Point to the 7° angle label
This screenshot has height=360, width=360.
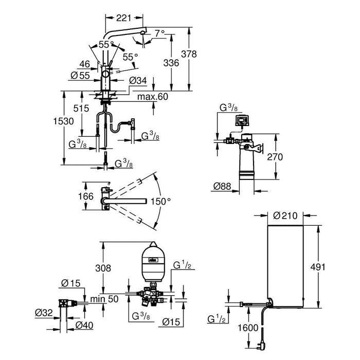click(159, 33)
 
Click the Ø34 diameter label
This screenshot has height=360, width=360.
click(137, 80)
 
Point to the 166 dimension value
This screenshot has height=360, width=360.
click(89, 196)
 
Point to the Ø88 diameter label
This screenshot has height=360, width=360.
click(221, 186)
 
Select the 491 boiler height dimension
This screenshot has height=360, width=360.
click(333, 267)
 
